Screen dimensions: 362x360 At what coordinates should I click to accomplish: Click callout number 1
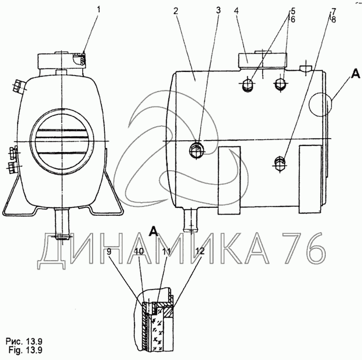tap(99, 10)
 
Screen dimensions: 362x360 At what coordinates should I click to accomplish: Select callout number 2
tap(176, 11)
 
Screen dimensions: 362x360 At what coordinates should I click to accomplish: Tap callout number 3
tap(218, 10)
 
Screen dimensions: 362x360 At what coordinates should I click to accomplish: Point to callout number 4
tap(236, 11)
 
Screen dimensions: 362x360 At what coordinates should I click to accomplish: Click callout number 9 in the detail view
tap(109, 251)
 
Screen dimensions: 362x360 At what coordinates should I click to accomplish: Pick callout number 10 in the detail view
tap(139, 252)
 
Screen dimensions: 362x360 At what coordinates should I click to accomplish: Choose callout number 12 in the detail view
tap(200, 251)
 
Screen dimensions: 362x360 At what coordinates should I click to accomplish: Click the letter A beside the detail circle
tap(355, 74)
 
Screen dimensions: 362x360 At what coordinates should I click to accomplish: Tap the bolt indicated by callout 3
tap(197, 151)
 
